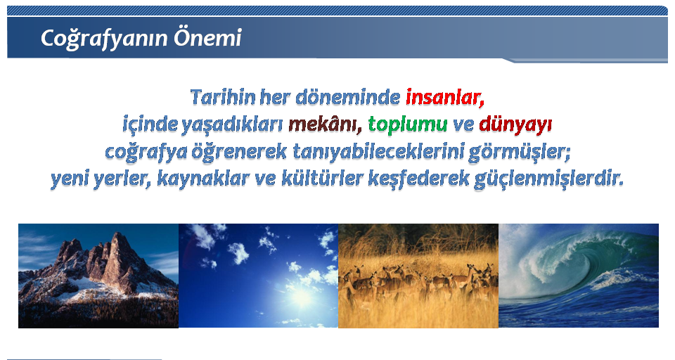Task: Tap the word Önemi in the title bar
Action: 207,37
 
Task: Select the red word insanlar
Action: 445,97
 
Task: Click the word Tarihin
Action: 223,97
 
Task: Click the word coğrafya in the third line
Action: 146,153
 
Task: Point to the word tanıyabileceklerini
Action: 378,152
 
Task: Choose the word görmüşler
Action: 519,153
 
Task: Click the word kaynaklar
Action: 203,179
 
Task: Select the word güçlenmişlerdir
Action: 549,179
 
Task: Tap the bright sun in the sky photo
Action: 301,297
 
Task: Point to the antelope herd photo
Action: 418,276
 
